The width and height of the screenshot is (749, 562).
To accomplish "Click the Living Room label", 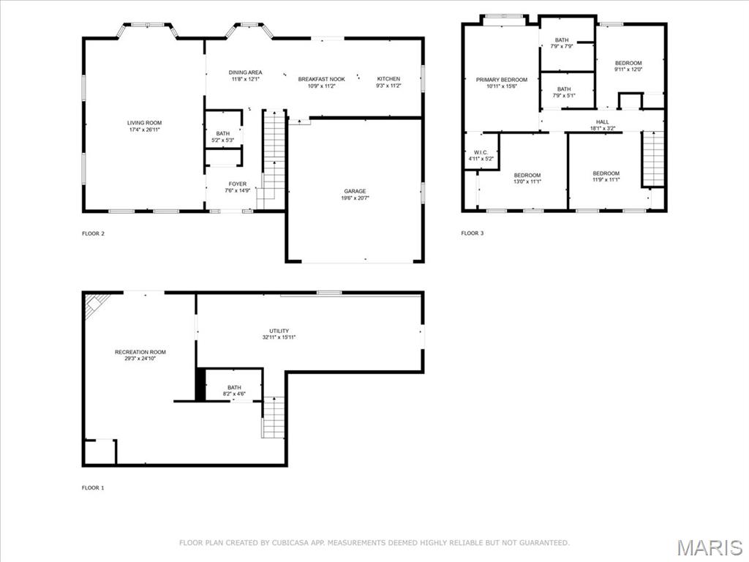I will pos(144,123).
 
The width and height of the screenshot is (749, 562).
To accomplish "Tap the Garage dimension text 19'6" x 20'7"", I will pos(355,198).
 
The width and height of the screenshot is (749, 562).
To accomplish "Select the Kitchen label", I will pos(388,79).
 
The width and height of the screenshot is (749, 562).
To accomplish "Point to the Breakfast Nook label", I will pos(321,79).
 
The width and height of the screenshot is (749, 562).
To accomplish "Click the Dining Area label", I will pos(246,72).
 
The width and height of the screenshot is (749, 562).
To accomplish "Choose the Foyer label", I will pos(237,184).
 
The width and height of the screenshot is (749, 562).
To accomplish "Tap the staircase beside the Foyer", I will pos(274,154).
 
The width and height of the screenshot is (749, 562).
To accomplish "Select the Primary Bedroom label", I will pos(501,80).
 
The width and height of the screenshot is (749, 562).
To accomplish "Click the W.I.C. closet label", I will pos(481,152).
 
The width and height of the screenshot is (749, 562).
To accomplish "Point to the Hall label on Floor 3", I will pos(602,122).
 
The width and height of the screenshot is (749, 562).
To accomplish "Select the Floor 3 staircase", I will pos(653,159).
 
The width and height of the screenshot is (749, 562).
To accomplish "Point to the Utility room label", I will pos(279,331).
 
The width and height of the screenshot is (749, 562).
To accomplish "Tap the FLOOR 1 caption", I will pos(93,487).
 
